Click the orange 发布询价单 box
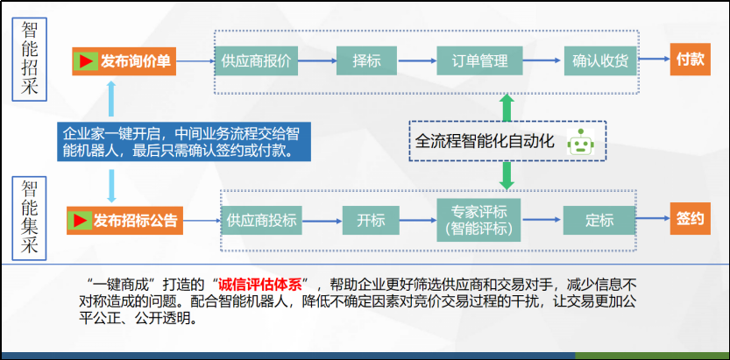pos(124,61)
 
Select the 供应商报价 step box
pos(256,61)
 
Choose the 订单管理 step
pos(479,61)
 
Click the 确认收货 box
pos(600,61)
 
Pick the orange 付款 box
pos(691,60)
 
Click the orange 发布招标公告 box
pos(124,221)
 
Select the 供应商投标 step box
pos(262,221)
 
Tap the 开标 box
pos(371,221)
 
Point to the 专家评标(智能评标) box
pos(478,220)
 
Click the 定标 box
pos(599,221)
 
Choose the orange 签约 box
pos(691,219)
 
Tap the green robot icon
pos(580,142)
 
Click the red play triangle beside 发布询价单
pos(85,61)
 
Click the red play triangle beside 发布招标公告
pos(79,221)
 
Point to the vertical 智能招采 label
pos(29,59)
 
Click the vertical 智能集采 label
pos(29,218)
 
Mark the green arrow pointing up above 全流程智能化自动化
pos(507,108)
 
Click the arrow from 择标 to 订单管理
pos(416,61)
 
